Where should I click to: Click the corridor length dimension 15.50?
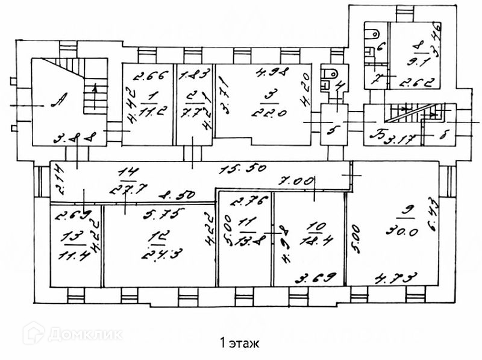[236, 169]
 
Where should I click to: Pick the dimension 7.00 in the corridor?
[294, 180]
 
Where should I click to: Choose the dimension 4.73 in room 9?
[390, 278]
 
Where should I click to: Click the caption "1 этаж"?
[240, 344]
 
